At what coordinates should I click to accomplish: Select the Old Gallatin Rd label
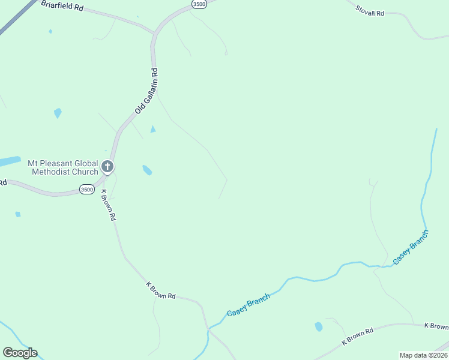coord(146,91)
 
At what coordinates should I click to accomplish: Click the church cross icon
coord(107,166)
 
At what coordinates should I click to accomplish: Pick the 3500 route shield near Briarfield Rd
coord(199,4)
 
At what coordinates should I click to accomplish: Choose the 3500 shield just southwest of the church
coord(86,190)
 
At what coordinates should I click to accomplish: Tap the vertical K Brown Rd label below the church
coord(108,206)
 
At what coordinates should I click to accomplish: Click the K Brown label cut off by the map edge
coord(436,326)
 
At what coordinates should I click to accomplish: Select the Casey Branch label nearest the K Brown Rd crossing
coord(248,305)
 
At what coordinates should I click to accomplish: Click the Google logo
coord(20,353)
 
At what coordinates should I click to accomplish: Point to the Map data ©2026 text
coord(423,355)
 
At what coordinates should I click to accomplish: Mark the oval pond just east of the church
coord(147,170)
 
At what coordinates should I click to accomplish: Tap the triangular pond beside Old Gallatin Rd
coord(153,129)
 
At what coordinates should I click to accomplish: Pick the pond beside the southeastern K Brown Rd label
coord(318,326)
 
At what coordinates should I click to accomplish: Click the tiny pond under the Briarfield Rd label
coord(50,31)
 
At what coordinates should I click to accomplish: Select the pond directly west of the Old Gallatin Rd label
coord(58,112)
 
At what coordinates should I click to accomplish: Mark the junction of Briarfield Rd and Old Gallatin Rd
coord(154,34)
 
